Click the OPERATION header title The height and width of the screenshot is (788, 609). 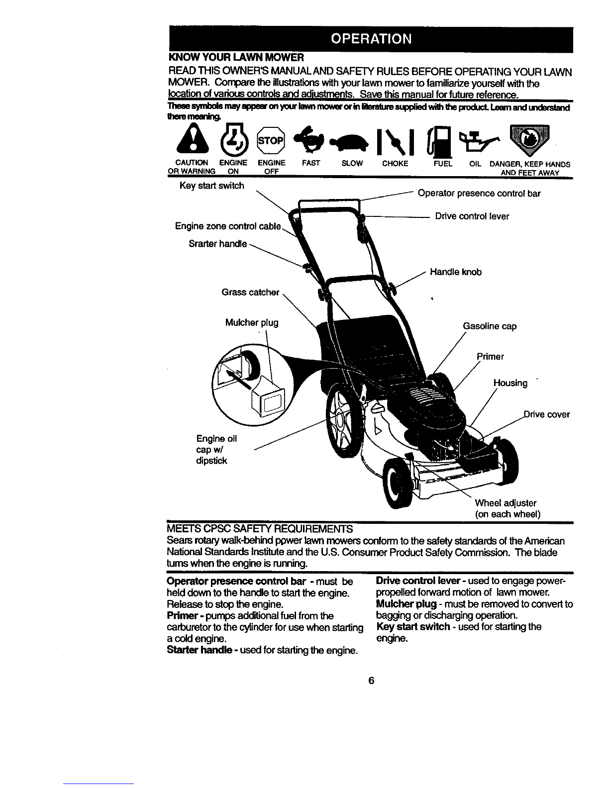pyautogui.click(x=371, y=39)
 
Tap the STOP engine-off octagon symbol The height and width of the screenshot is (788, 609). pyautogui.click(x=271, y=140)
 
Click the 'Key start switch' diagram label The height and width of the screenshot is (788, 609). pyautogui.click(x=212, y=186)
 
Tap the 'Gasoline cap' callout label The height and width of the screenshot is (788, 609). pyautogui.click(x=490, y=326)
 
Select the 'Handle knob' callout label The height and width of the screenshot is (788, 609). pyautogui.click(x=456, y=272)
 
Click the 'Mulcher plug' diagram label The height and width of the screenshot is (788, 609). pyautogui.click(x=252, y=323)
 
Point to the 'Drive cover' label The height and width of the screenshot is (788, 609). pyautogui.click(x=547, y=414)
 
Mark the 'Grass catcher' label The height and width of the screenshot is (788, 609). pyautogui.click(x=250, y=293)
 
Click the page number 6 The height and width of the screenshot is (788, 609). pyautogui.click(x=371, y=681)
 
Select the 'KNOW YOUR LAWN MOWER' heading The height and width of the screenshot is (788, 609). pyautogui.click(x=236, y=57)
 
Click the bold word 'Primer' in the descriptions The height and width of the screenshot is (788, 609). pyautogui.click(x=182, y=616)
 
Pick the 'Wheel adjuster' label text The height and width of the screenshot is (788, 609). pyautogui.click(x=506, y=503)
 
